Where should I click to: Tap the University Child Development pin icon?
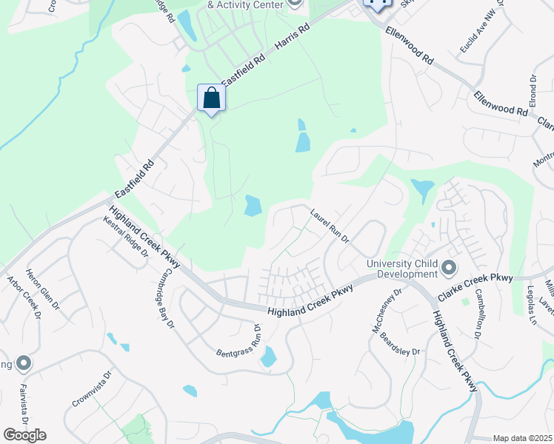click(x=448, y=267)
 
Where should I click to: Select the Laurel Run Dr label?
click(x=330, y=225)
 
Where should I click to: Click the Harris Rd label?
click(x=291, y=40)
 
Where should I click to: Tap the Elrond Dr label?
click(x=533, y=89)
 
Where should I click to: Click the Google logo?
click(x=24, y=435)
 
